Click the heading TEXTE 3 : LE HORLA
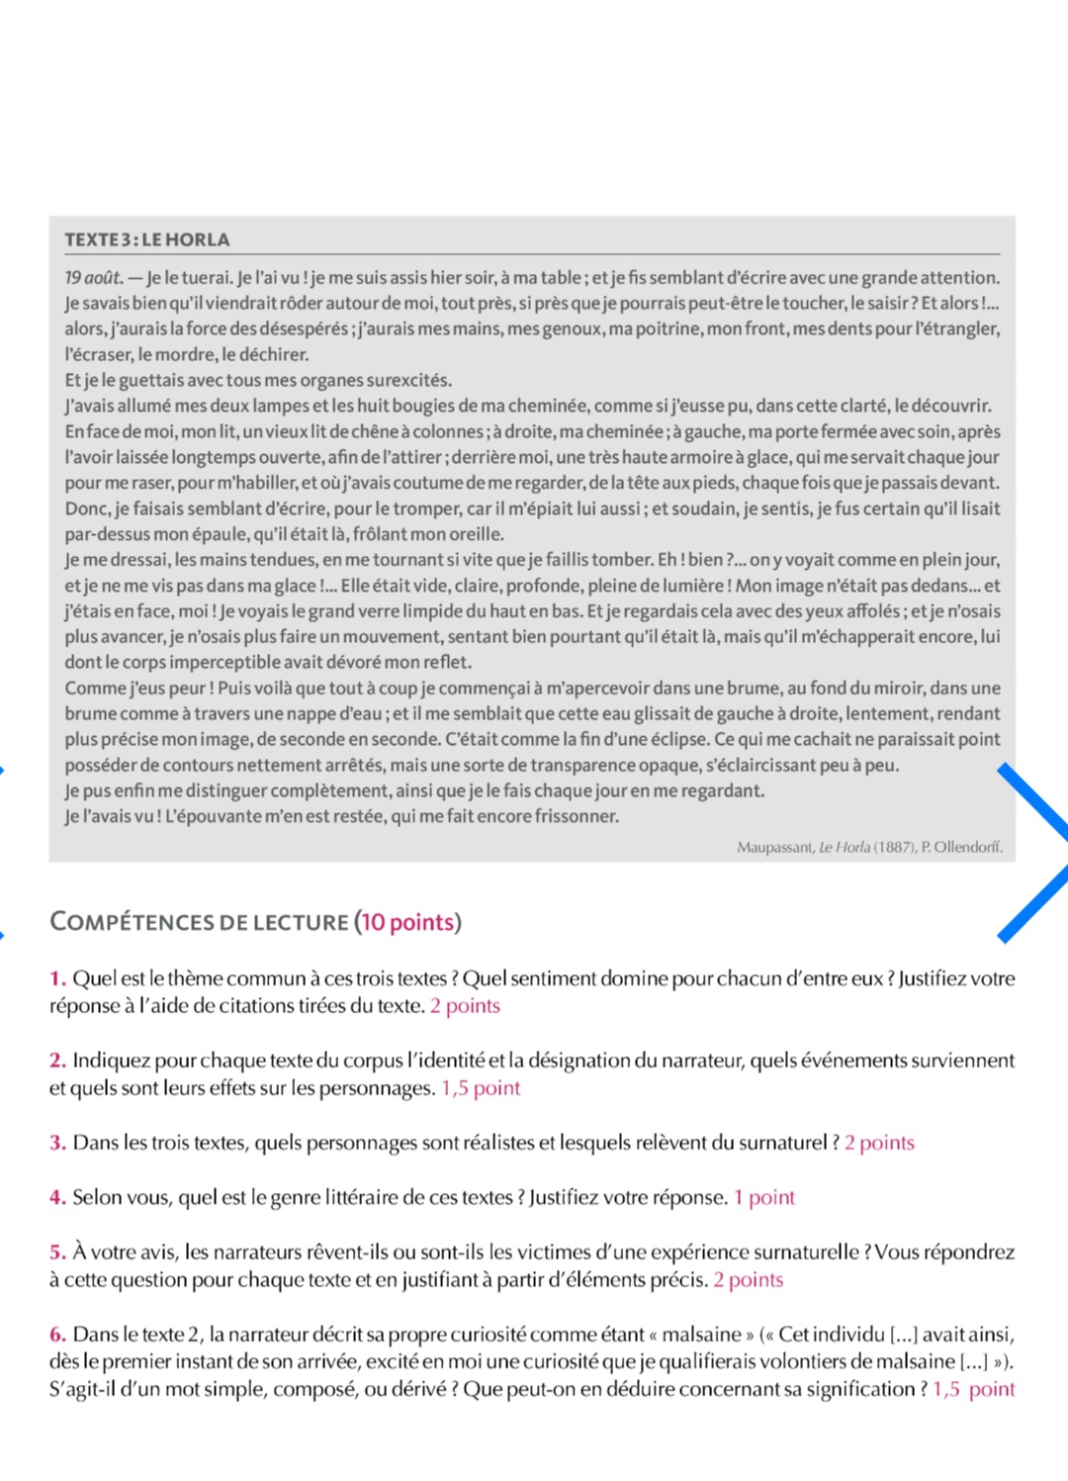(x=147, y=239)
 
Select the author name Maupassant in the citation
(x=775, y=847)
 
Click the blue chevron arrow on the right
(x=1033, y=851)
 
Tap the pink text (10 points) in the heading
(x=406, y=922)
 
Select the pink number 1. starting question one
(x=58, y=978)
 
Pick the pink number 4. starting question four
(x=58, y=1197)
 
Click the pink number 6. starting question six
(x=58, y=1334)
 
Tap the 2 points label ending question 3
(x=879, y=1143)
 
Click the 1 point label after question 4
(x=764, y=1197)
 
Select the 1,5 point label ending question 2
(x=481, y=1088)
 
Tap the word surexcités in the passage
(x=408, y=380)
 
